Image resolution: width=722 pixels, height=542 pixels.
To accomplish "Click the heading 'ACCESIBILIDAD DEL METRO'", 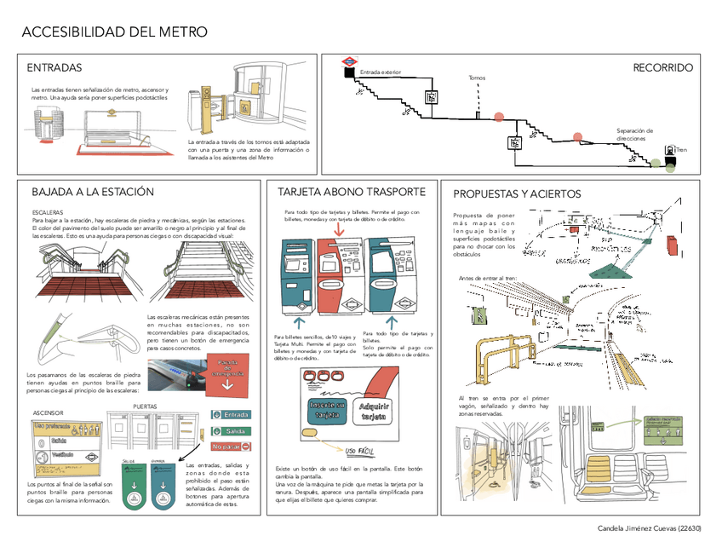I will (x=114, y=32).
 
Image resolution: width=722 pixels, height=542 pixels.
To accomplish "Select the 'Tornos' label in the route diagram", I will (x=477, y=78).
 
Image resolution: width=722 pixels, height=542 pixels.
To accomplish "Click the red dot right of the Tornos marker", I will (x=499, y=117).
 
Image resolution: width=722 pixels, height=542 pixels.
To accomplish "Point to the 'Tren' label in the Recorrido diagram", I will (x=681, y=150).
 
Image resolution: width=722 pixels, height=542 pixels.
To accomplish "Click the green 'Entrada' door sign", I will (x=230, y=415).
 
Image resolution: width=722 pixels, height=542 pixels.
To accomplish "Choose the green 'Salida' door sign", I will (x=230, y=431).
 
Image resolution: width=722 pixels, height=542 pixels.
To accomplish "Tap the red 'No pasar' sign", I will (x=227, y=447).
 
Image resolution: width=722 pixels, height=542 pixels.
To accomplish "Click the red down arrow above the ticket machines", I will (x=341, y=228).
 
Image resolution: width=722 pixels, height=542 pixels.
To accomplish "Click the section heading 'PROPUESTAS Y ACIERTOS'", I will (x=517, y=194).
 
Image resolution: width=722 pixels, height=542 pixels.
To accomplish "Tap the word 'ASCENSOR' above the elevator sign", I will (x=48, y=413).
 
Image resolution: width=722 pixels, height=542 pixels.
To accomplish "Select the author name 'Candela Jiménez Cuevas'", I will (x=634, y=529).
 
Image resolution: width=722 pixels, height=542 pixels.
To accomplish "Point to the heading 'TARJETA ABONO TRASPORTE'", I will (x=351, y=191).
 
